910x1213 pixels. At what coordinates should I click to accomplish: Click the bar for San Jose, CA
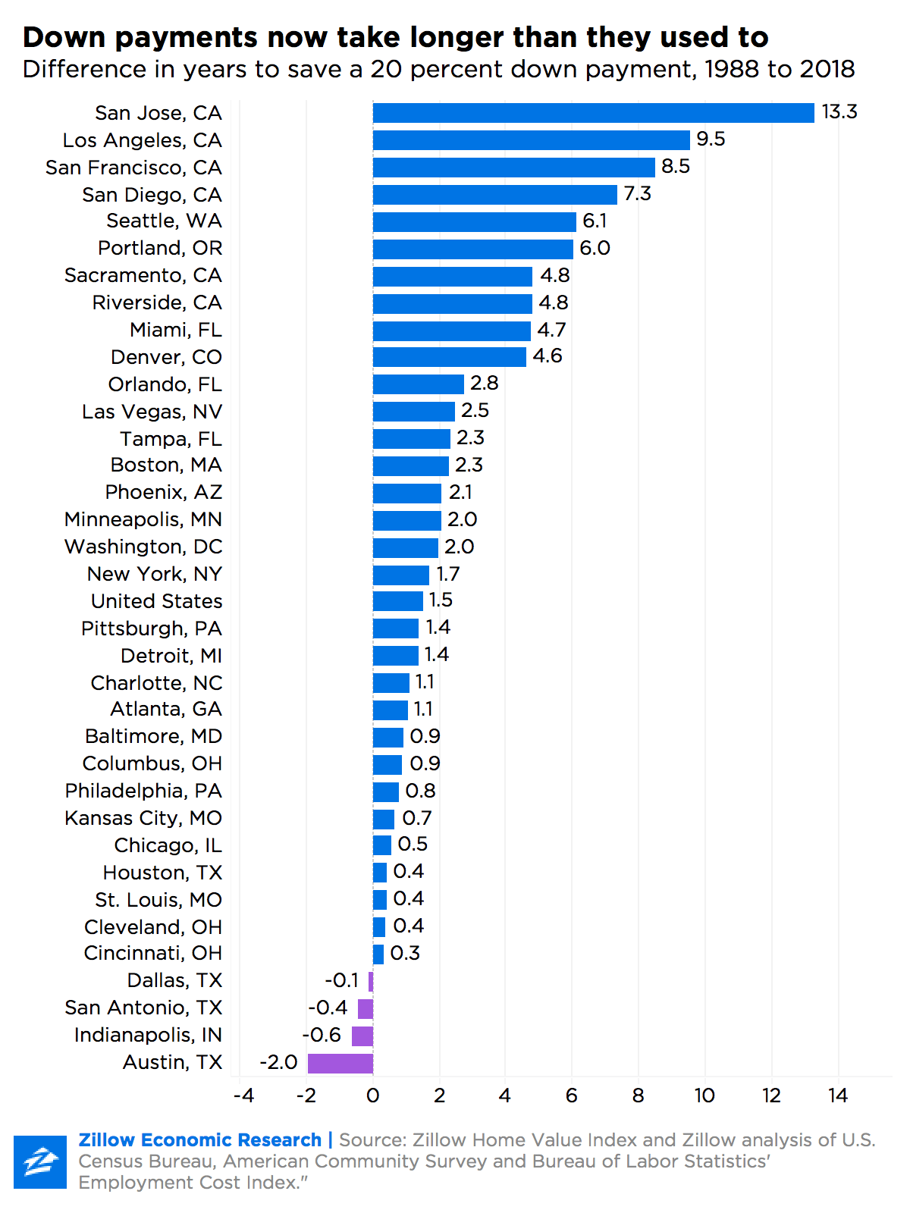593,113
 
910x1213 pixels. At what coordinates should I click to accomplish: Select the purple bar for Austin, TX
340,1063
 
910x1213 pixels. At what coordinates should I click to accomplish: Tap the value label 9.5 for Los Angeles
711,139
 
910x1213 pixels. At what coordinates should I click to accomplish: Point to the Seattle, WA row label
164,221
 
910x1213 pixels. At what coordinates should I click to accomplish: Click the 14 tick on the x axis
838,1095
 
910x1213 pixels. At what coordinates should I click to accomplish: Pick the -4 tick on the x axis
243,1095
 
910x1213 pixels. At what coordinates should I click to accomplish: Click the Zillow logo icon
40,1161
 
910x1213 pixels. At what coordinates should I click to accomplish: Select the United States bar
397,601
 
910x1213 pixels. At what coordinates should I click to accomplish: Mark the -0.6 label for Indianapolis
322,1035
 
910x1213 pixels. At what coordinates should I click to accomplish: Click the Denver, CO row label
166,357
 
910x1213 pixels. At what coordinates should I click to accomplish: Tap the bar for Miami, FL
451,331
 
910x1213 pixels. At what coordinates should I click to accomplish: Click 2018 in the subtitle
827,70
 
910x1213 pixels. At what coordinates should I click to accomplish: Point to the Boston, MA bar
410,465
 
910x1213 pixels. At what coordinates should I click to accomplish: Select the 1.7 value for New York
447,574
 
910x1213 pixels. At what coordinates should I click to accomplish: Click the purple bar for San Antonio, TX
365,1008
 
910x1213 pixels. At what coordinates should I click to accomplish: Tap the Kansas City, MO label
143,819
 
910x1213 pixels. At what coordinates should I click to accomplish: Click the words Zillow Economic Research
200,1140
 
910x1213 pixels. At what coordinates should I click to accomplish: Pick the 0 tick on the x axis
372,1095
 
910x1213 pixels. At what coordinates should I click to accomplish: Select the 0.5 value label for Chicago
413,845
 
